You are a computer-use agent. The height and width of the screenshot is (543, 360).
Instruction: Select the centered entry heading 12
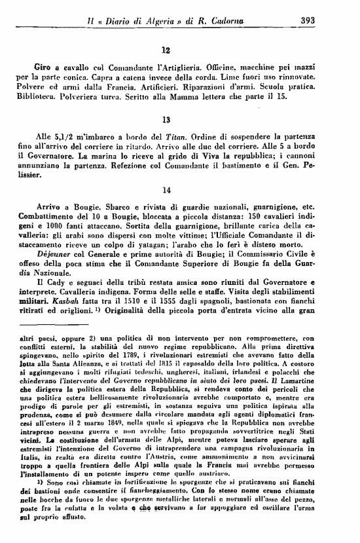pyautogui.click(x=166, y=48)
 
